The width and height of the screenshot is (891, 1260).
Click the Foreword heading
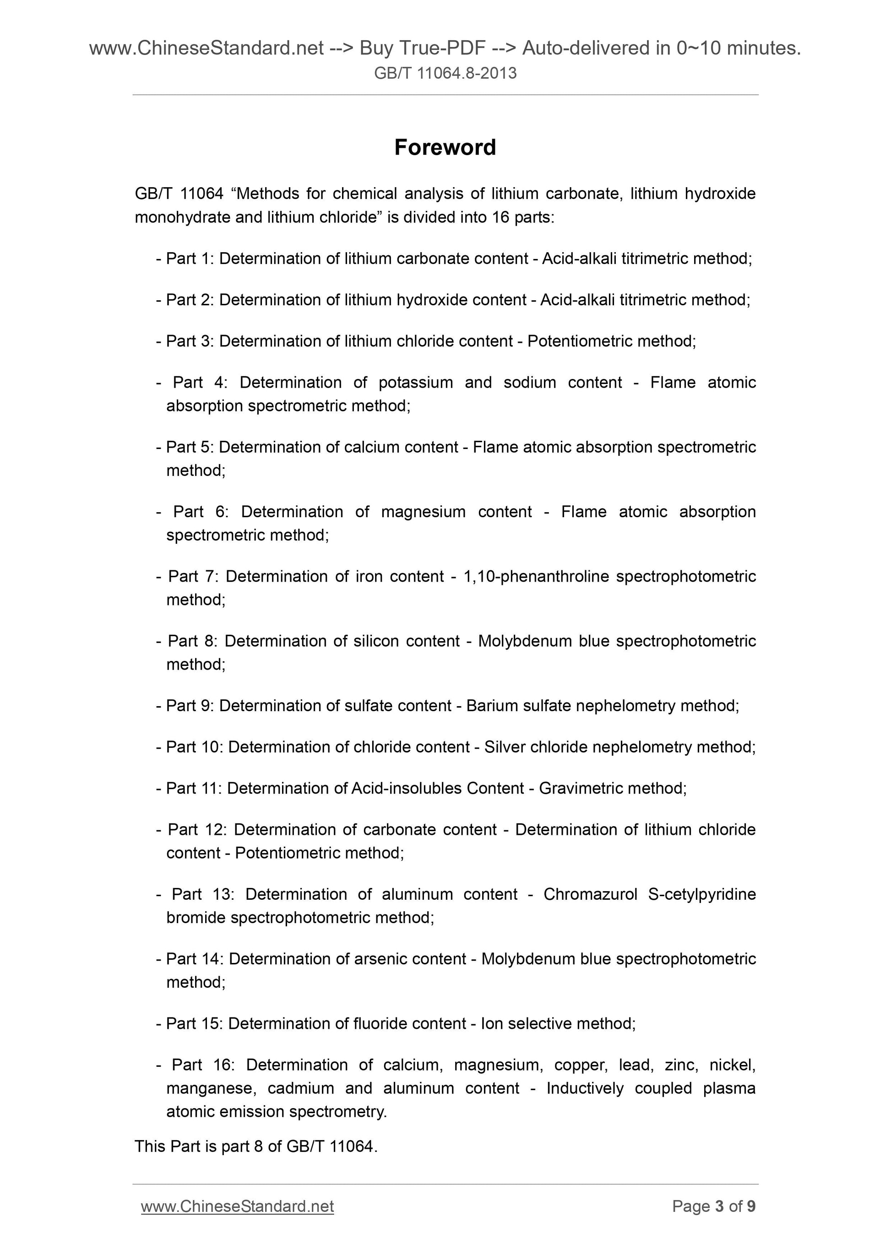[445, 147]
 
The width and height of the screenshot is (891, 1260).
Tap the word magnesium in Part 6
[423, 512]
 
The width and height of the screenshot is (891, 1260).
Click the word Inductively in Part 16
[585, 1088]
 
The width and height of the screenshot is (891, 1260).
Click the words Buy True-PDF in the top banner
[422, 49]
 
